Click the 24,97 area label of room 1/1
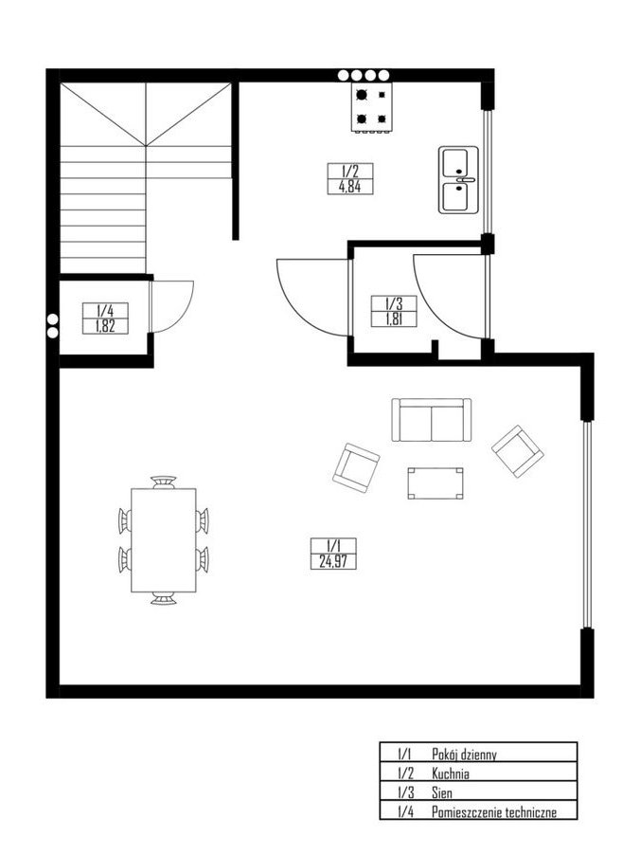333,562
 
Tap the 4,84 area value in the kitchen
349,187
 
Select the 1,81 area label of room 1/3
393,319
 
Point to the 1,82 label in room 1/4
105,327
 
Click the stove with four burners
371,107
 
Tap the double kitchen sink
458,180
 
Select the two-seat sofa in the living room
432,420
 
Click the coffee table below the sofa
436,483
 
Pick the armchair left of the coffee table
356,468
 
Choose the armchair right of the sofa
518,451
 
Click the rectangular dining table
164,540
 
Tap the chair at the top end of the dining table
164,482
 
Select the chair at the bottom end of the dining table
164,598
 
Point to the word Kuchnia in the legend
451,773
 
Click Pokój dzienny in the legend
464,755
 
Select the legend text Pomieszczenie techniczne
494,812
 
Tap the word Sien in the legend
442,792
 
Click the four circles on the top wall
364,75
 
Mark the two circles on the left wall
53,325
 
